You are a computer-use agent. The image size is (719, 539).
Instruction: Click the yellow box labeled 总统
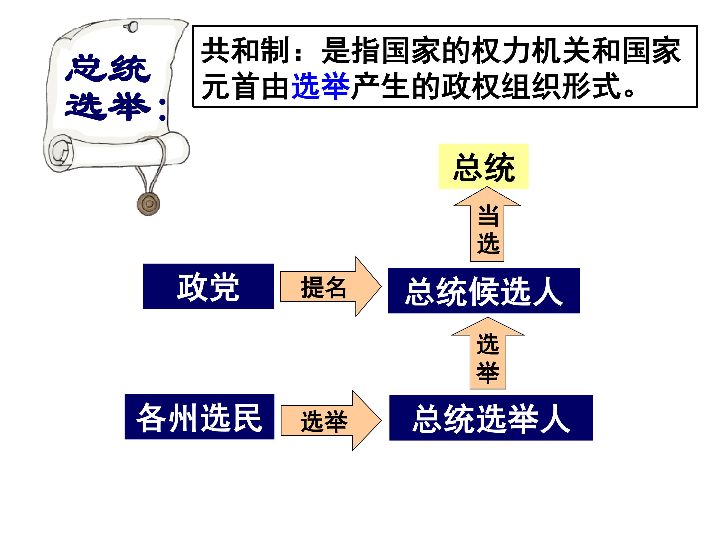click(483, 166)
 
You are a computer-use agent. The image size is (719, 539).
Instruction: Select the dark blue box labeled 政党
click(208, 286)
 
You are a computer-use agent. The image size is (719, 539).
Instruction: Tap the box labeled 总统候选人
click(484, 290)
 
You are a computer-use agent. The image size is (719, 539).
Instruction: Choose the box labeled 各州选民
click(199, 416)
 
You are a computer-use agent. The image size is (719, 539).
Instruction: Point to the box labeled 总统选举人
click(491, 418)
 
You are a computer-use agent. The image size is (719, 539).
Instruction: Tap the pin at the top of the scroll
click(131, 27)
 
